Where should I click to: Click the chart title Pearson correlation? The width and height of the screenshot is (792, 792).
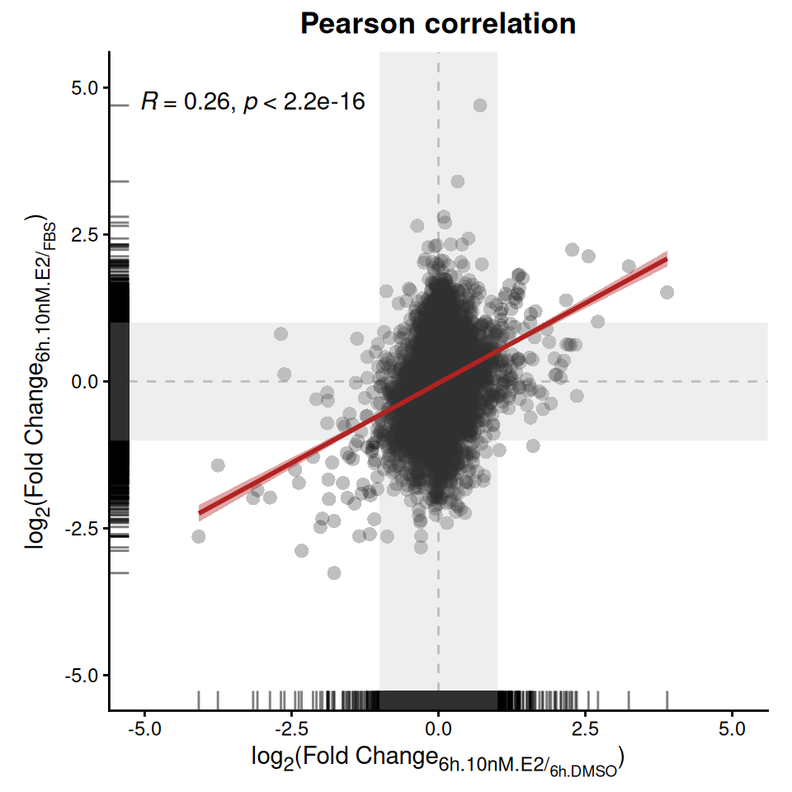pyautogui.click(x=438, y=23)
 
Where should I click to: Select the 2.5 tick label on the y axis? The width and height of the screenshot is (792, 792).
pyautogui.click(x=85, y=235)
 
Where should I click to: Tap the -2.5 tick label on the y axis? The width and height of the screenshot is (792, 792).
pyautogui.click(x=82, y=529)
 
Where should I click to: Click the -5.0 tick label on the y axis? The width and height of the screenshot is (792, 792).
pyautogui.click(x=82, y=676)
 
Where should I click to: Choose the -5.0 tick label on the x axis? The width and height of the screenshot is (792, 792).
pyautogui.click(x=144, y=728)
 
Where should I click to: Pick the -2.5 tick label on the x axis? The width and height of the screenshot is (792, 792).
pyautogui.click(x=291, y=728)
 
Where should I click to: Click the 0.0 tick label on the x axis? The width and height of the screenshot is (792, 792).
pyautogui.click(x=438, y=728)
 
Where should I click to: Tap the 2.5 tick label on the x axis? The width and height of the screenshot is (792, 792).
pyautogui.click(x=586, y=728)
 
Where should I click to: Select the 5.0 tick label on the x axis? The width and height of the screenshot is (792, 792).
pyautogui.click(x=733, y=728)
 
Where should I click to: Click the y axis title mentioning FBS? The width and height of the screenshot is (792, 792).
pyautogui.click(x=40, y=381)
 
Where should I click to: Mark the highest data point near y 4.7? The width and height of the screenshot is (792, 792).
pyautogui.click(x=480, y=105)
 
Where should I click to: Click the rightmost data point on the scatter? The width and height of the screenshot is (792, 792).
pyautogui.click(x=667, y=292)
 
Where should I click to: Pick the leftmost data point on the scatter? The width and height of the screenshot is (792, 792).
pyautogui.click(x=199, y=536)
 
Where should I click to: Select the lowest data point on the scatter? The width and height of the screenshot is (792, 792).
pyautogui.click(x=334, y=573)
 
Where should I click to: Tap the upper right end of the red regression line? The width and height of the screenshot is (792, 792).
pyautogui.click(x=667, y=259)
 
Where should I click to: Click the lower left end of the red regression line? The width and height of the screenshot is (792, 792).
pyautogui.click(x=200, y=512)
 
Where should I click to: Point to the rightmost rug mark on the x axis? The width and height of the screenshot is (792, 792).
pyautogui.click(x=667, y=700)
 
